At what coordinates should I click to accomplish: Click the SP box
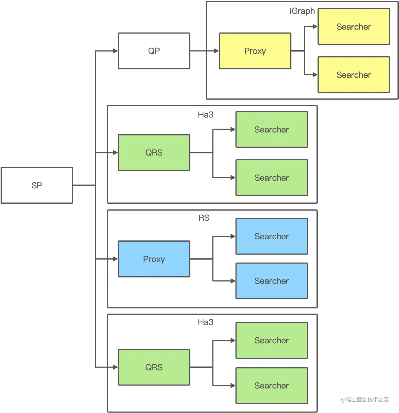pos(37,185)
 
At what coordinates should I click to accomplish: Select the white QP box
pos(154,51)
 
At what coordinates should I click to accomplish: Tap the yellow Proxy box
pos(255,51)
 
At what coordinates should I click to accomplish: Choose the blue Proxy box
pos(154,259)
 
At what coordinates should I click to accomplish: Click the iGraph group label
pos(302,11)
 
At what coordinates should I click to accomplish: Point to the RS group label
pos(204,218)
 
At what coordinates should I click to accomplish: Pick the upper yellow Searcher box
pos(354,27)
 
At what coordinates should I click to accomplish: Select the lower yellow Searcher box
pos(354,75)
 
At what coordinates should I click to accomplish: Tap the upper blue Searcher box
pos(271,236)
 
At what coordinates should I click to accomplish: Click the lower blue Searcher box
pos(271,281)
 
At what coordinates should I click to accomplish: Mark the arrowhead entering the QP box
pos(115,51)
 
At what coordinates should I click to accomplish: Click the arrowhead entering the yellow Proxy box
pos(217,51)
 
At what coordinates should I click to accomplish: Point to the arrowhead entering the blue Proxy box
pos(115,259)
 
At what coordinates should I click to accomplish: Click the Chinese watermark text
pos(365,400)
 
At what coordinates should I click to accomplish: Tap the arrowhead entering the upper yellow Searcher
pos(315,27)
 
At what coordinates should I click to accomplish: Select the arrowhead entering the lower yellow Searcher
pos(315,75)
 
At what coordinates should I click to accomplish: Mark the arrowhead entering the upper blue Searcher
pos(233,236)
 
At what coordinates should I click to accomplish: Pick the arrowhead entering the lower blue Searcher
pos(233,281)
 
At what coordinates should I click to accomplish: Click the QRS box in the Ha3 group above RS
pos(154,153)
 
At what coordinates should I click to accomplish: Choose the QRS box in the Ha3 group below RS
pos(154,367)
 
